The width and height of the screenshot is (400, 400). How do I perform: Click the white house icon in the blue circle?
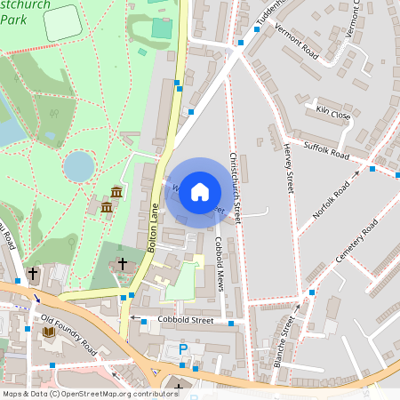point(200,191)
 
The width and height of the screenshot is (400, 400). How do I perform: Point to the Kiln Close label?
point(333,112)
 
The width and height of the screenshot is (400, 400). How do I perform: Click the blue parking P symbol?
point(183,350)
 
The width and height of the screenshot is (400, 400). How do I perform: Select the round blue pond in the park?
point(78,164)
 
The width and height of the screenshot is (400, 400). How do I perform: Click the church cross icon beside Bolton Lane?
point(123,264)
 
